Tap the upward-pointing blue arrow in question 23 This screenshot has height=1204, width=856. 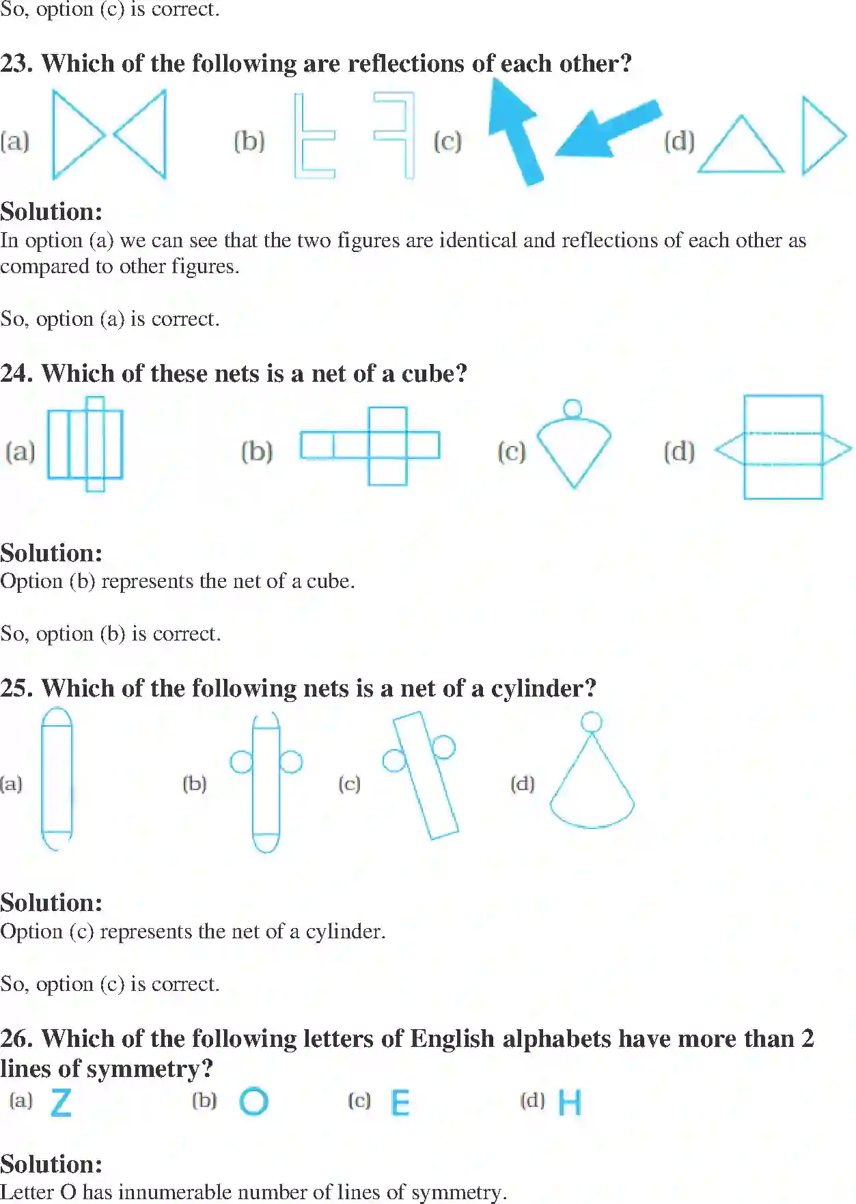(x=517, y=130)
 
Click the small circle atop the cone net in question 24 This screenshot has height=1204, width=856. (x=572, y=408)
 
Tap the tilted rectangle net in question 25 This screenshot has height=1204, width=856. (x=425, y=775)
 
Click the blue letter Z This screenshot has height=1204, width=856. (x=61, y=1102)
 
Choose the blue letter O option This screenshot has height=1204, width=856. (x=254, y=1102)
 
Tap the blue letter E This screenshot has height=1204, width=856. (x=400, y=1102)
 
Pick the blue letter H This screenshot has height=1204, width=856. (x=570, y=1102)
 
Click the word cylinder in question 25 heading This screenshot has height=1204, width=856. (x=543, y=688)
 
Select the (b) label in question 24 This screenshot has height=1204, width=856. (x=257, y=451)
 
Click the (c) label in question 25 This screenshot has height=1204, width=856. (x=349, y=783)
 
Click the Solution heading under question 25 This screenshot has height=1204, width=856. (x=51, y=903)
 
